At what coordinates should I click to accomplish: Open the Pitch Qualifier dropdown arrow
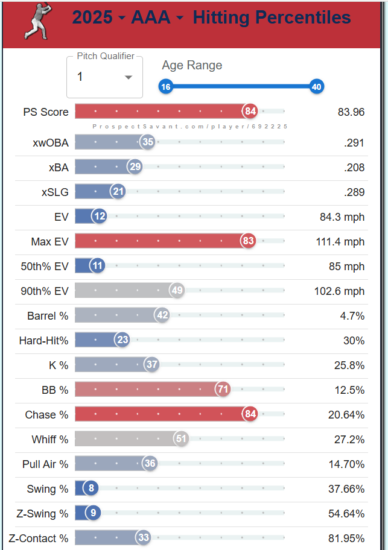(128, 77)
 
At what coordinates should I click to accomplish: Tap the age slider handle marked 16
(166, 87)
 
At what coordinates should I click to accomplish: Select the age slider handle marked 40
(316, 87)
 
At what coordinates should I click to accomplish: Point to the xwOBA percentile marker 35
(147, 142)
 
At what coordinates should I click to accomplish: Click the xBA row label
(59, 167)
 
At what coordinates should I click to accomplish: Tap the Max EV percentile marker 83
(247, 241)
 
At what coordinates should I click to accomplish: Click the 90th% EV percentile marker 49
(177, 291)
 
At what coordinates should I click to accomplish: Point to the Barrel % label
(48, 315)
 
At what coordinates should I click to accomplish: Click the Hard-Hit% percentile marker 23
(122, 340)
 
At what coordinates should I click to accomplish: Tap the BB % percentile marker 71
(223, 390)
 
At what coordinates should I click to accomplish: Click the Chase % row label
(46, 414)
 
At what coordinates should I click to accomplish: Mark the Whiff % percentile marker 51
(181, 439)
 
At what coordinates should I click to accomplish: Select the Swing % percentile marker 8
(91, 488)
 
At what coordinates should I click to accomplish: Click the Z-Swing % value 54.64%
(346, 513)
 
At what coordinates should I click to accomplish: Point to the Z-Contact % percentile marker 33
(143, 538)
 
